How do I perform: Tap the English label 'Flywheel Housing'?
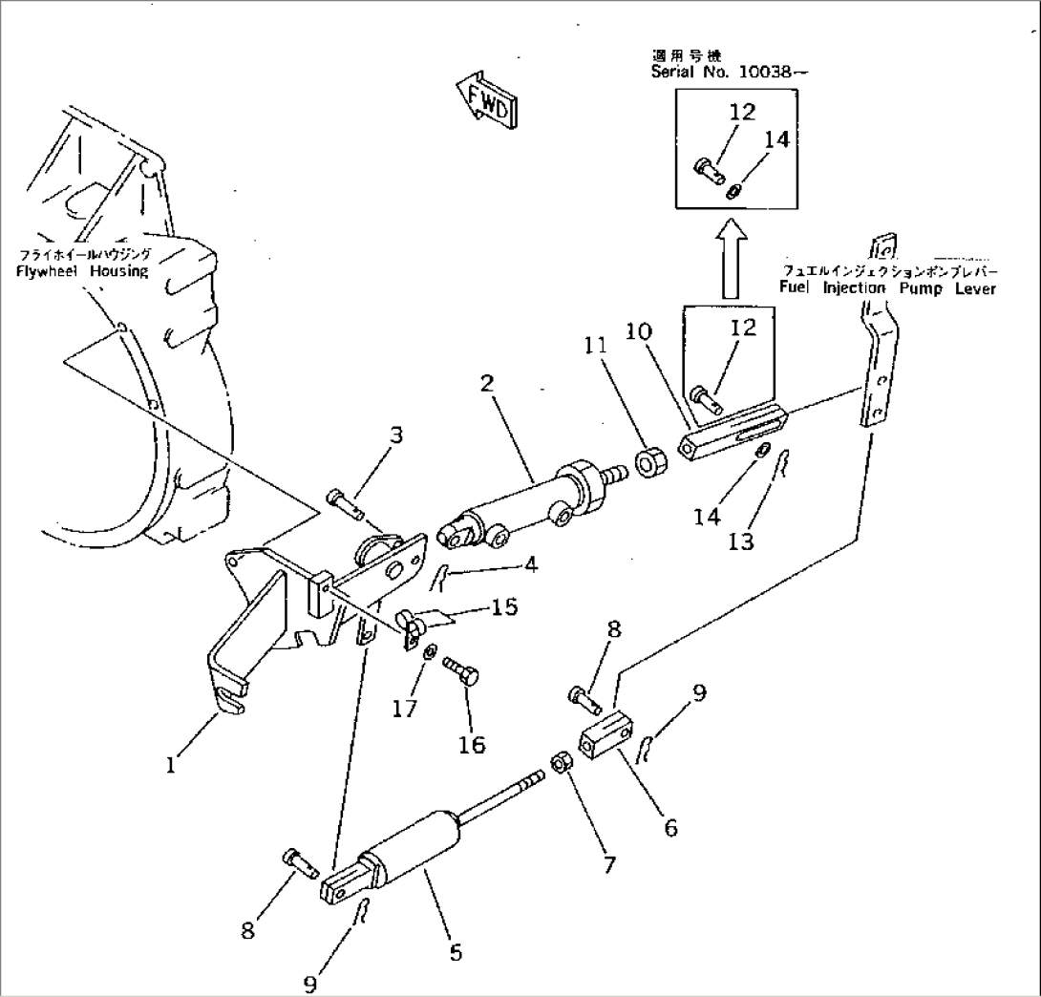coord(83,271)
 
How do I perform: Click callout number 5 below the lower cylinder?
coord(456,952)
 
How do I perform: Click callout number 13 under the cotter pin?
coord(741,541)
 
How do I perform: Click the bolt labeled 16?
coord(462,671)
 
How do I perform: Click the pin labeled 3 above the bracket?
coord(343,498)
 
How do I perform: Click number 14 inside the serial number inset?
coord(777,139)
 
